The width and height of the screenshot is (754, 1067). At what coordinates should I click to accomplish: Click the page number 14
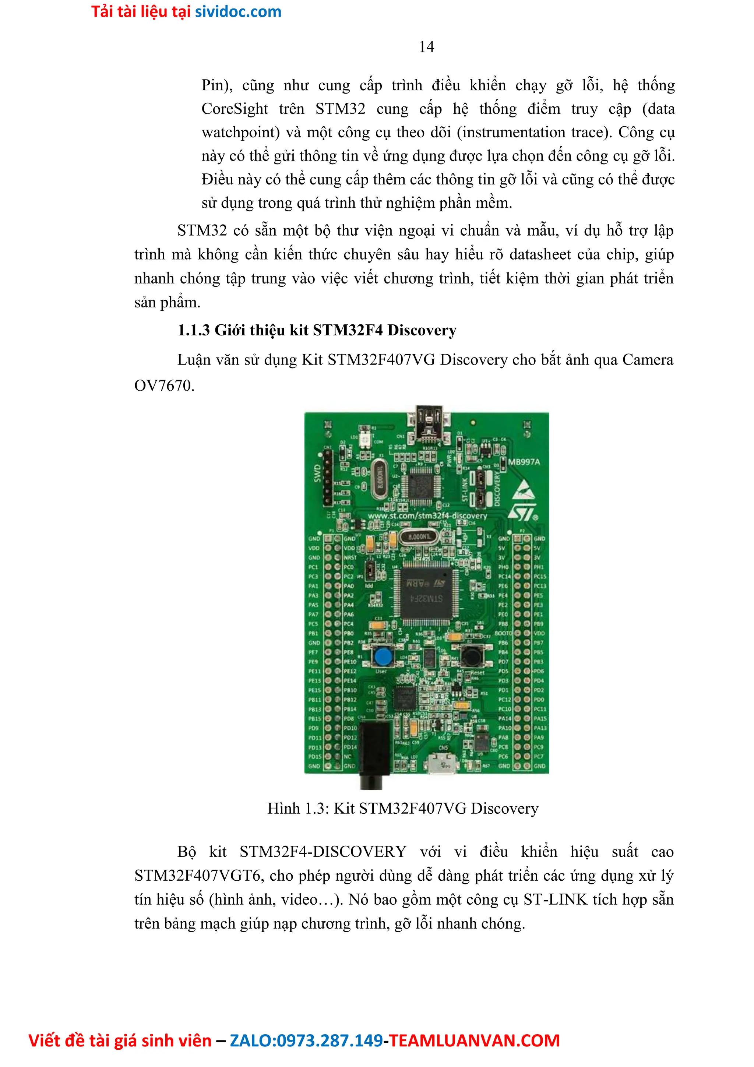click(x=426, y=47)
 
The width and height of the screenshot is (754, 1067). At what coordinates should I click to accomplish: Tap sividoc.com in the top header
click(x=238, y=12)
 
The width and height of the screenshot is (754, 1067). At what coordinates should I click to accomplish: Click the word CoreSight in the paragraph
click(x=235, y=109)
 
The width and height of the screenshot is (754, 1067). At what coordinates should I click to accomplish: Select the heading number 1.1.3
click(x=193, y=330)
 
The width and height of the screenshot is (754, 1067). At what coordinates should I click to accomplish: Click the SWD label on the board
click(x=318, y=473)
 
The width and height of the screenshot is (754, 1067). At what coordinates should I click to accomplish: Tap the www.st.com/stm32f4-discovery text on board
click(x=427, y=516)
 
